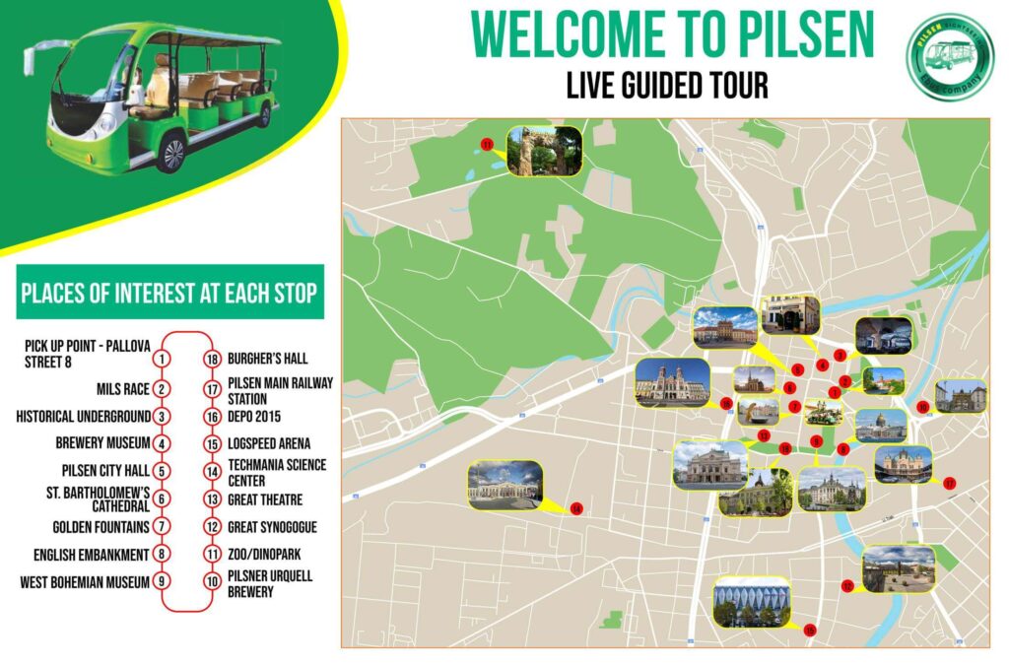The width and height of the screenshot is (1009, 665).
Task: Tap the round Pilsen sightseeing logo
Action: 950,56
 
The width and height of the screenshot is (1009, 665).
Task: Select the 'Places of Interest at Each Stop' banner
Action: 168,293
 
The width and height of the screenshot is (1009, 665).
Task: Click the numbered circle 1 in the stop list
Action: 163,360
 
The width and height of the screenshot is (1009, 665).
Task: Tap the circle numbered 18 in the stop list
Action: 210,360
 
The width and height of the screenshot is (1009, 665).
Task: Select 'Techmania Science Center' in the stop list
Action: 276,472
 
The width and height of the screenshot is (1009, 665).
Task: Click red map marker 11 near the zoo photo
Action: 487,145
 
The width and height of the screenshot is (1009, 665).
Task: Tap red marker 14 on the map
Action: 577,508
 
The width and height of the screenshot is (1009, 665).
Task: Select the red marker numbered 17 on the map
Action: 949,483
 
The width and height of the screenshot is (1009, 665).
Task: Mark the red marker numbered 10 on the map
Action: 847,586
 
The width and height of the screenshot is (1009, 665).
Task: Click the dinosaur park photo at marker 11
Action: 544,151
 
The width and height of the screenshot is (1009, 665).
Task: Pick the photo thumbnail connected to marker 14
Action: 505,485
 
